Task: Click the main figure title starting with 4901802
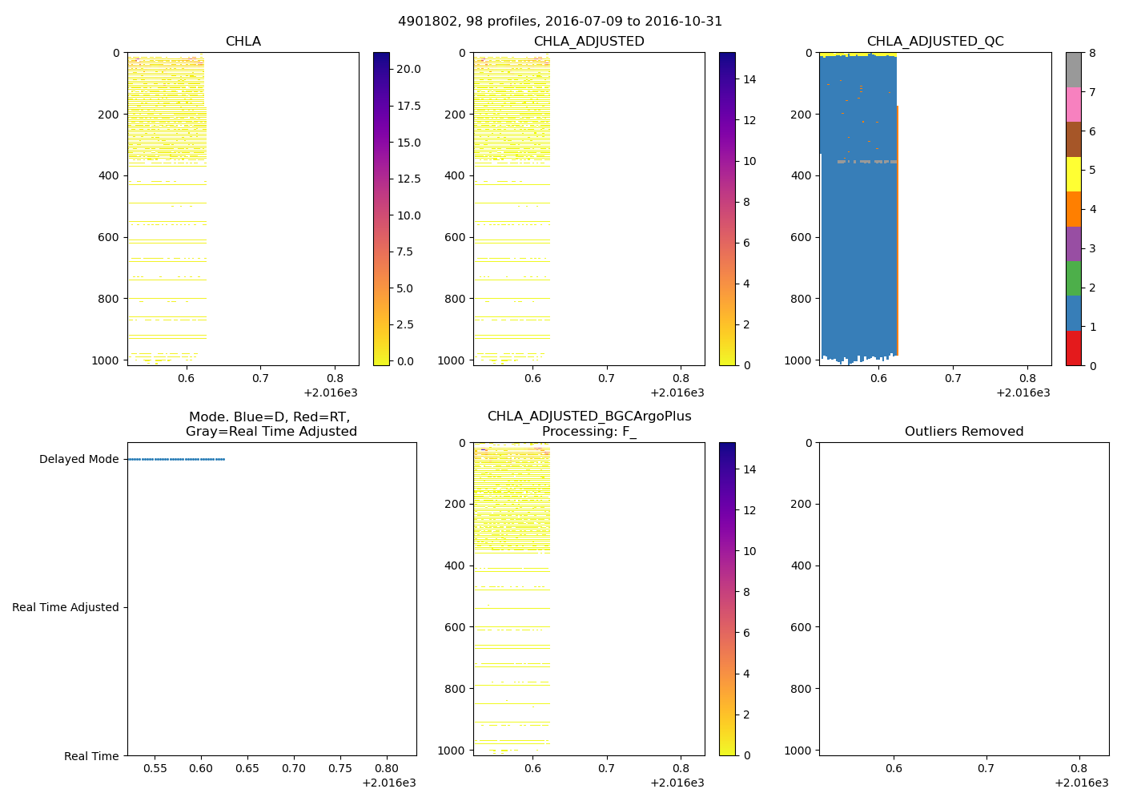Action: tap(560, 22)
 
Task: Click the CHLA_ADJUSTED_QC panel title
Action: tap(934, 42)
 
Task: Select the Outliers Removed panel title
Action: tap(963, 432)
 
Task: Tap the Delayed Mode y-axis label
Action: tap(78, 460)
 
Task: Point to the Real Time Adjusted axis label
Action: tap(65, 608)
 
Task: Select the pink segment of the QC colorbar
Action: tap(1073, 104)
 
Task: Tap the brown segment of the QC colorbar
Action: tap(1073, 139)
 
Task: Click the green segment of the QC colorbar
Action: tap(1073, 278)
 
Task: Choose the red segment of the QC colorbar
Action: tap(1073, 348)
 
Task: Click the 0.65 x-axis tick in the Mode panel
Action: tap(247, 768)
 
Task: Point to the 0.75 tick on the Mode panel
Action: tap(340, 768)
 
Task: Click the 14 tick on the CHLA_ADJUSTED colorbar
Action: tap(749, 79)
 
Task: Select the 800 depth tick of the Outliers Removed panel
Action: tap(802, 689)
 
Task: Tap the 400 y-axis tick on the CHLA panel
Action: tap(110, 176)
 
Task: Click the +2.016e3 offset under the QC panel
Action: tap(1023, 393)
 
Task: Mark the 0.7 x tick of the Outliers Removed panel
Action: tap(986, 768)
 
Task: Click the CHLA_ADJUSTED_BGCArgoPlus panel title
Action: tap(589, 424)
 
